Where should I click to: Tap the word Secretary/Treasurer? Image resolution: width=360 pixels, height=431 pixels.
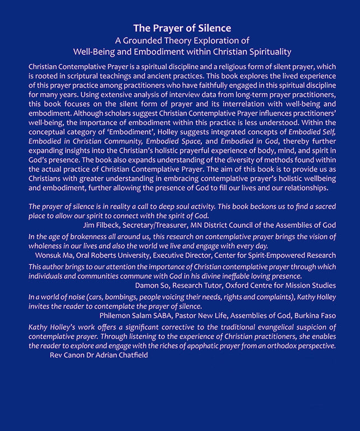156,224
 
